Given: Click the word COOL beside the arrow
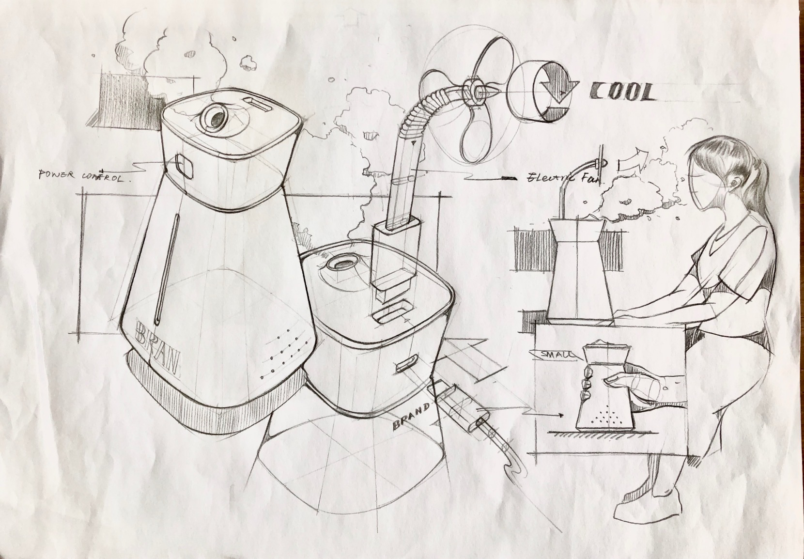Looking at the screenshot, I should point(621,92).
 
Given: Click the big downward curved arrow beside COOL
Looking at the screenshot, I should point(557,92).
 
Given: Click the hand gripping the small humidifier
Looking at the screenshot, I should point(625,383).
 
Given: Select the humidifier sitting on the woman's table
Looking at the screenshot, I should point(576,271).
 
